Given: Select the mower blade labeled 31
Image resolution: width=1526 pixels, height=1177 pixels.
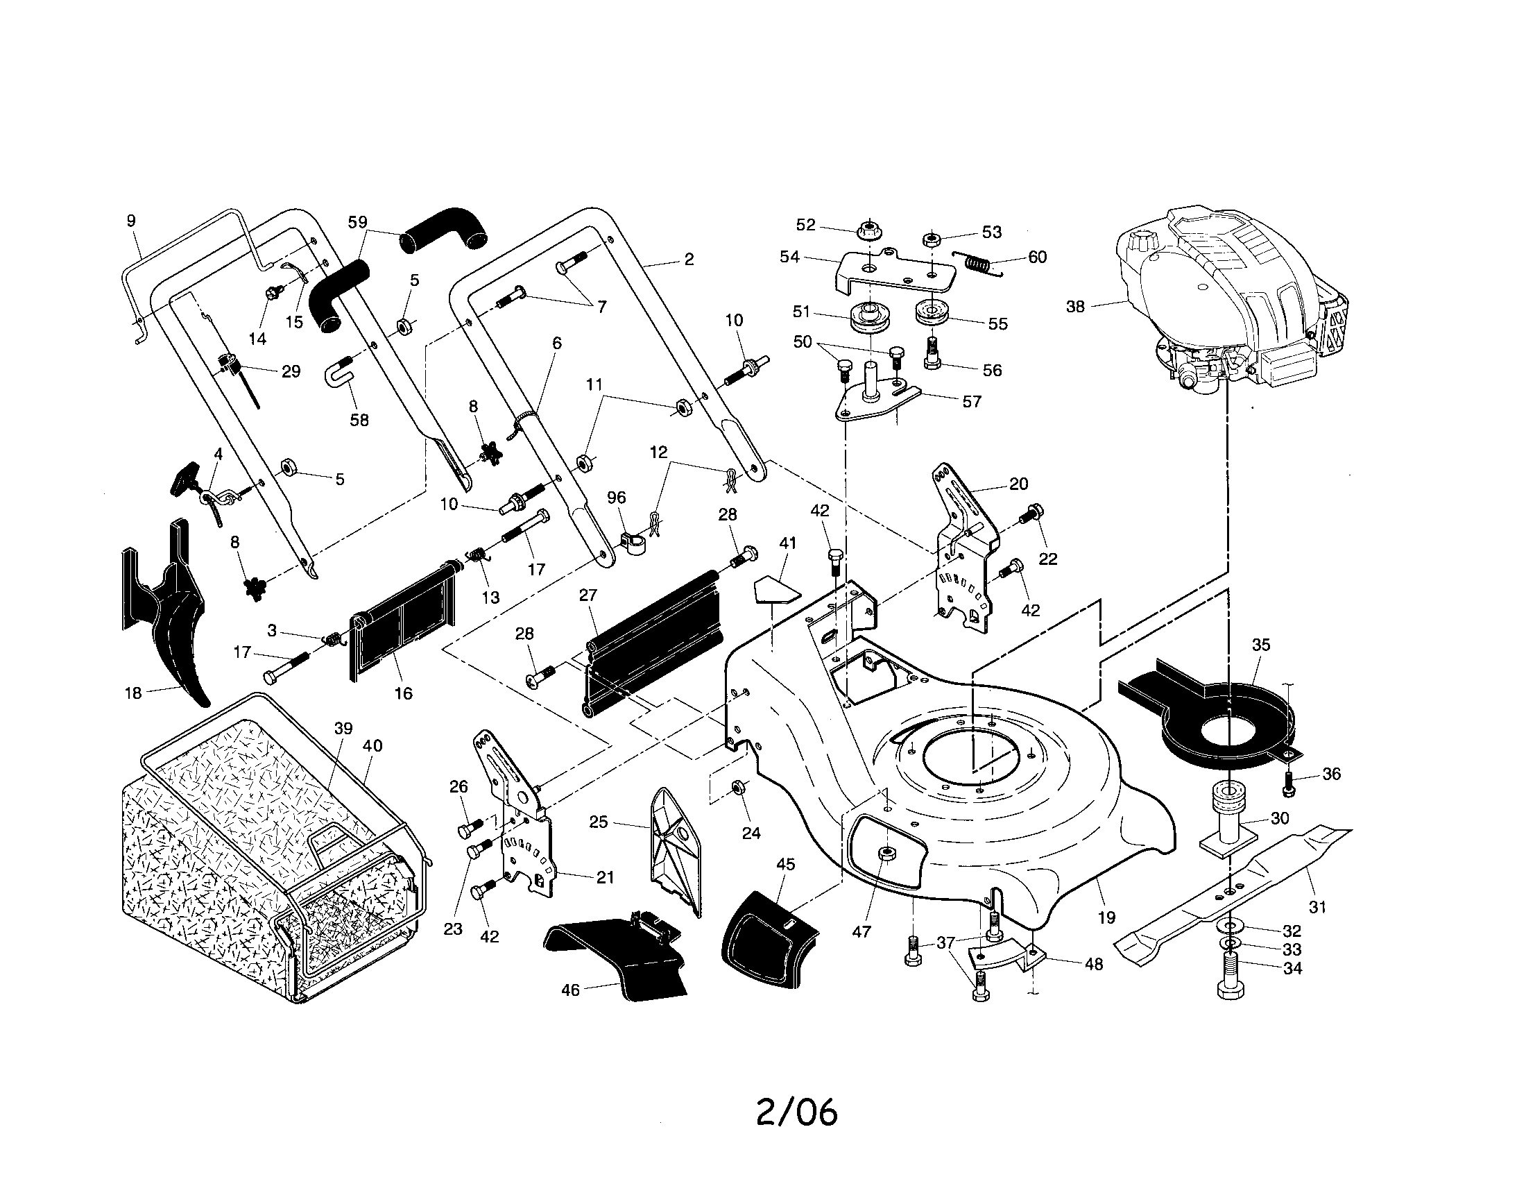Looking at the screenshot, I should click(x=1230, y=894).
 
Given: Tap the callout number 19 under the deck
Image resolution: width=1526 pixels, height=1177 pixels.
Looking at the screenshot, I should click(x=1107, y=917).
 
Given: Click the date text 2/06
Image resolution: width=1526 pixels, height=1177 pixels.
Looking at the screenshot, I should click(x=796, y=1111).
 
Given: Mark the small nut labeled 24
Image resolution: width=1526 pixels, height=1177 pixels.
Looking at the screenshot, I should click(x=737, y=788).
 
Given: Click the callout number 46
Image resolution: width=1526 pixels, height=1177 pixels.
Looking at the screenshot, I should click(x=570, y=990).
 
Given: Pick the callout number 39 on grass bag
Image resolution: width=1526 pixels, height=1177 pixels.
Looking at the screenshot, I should click(x=343, y=727).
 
